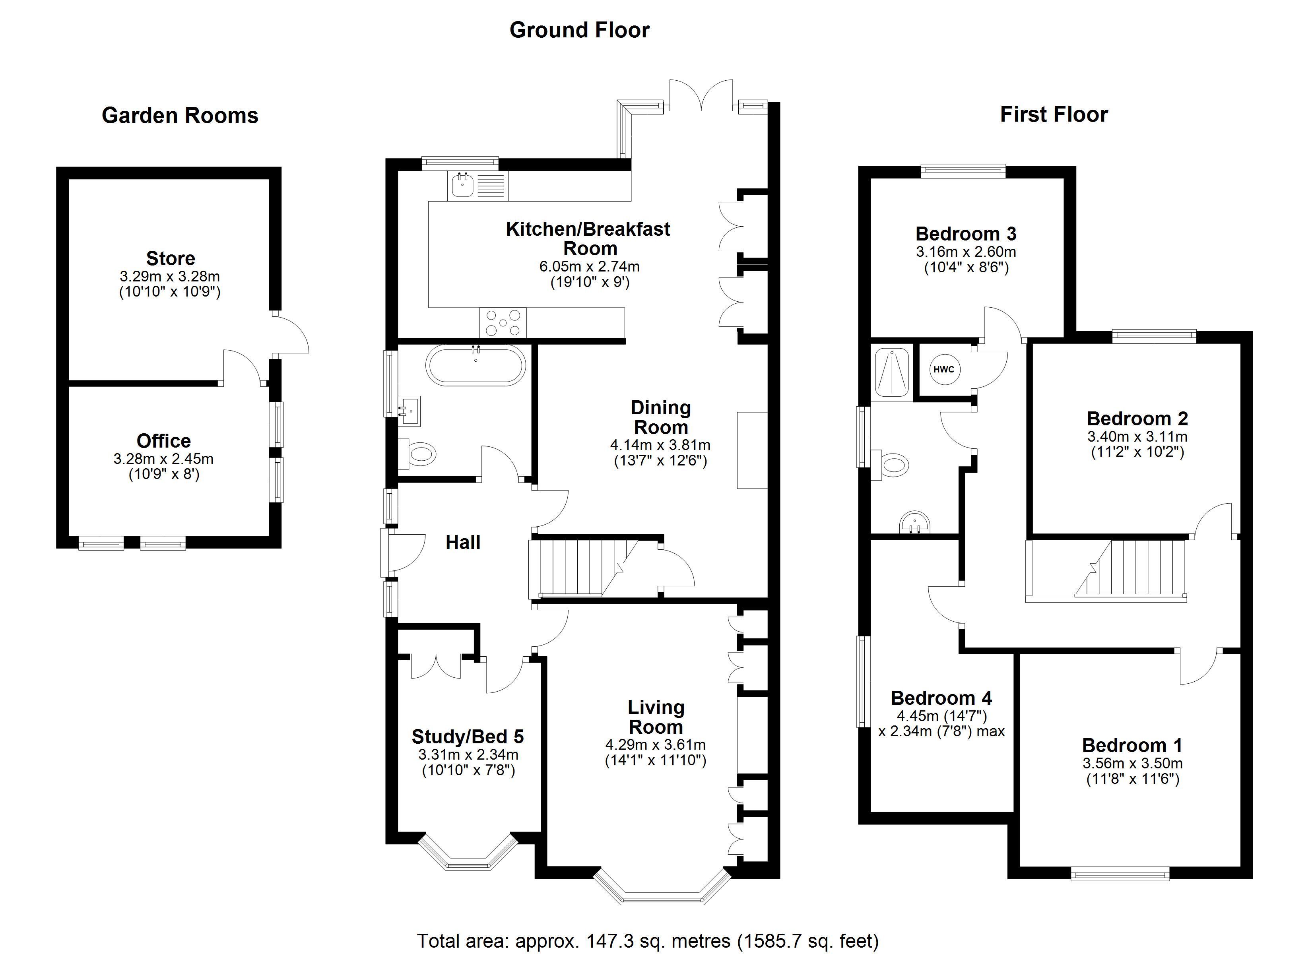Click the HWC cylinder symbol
coord(943,369)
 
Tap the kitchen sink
coord(462,185)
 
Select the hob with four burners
coord(503,323)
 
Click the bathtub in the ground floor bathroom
coord(476,365)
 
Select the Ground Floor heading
coord(579,30)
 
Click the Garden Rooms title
coord(180,116)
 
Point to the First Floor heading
coord(1054,114)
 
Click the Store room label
coord(170,258)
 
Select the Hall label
coord(463,542)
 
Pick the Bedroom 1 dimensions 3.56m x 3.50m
coord(1132,763)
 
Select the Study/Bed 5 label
coord(468,737)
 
